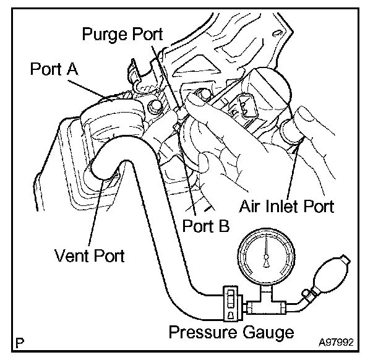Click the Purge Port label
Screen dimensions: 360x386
pyautogui.click(x=122, y=35)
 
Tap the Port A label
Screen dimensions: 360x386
pyautogui.click(x=54, y=69)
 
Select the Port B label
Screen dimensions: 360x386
pyautogui.click(x=206, y=226)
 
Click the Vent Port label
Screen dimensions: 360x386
pyautogui.click(x=90, y=255)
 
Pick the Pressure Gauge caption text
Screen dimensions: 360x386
pyautogui.click(x=231, y=333)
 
